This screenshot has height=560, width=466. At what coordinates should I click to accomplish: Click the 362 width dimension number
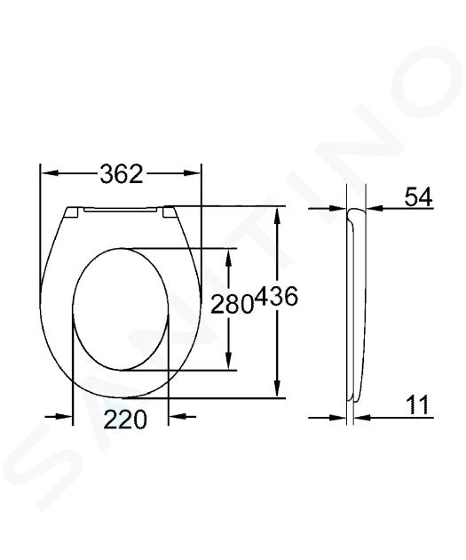[122, 174]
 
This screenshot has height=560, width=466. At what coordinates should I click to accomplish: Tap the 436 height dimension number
[277, 296]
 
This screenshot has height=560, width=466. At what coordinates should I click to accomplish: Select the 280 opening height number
[232, 305]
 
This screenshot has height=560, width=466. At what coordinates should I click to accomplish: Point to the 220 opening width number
[125, 420]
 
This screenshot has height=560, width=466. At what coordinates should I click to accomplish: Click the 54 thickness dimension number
[418, 196]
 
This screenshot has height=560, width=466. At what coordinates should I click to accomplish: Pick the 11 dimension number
[417, 405]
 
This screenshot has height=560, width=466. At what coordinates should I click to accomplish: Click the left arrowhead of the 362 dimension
[50, 173]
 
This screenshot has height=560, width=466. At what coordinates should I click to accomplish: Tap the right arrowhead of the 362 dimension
[193, 173]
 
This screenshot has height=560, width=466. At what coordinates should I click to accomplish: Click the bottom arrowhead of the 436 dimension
[277, 388]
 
